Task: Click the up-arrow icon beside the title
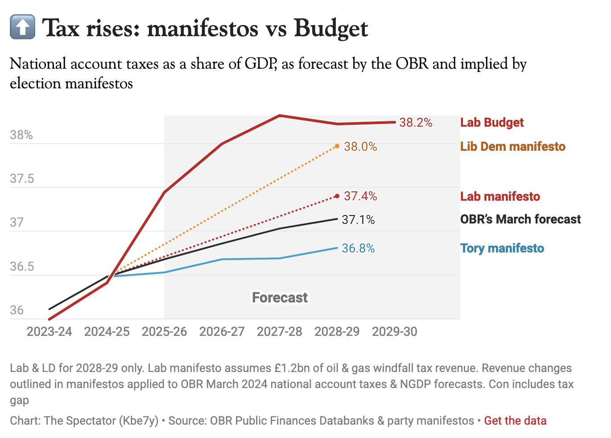(22, 27)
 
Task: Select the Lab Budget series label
(492, 123)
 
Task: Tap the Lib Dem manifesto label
(513, 147)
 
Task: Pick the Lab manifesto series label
(500, 197)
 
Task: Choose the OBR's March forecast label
(520, 219)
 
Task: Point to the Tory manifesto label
(502, 248)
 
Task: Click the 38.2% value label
(416, 123)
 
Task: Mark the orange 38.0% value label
(360, 147)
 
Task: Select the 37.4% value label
(360, 196)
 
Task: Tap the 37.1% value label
(358, 220)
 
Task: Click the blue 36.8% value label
(358, 248)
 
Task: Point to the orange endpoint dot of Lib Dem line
(337, 146)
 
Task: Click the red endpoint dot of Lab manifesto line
(337, 196)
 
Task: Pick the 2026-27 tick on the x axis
(222, 332)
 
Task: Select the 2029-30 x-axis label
(395, 332)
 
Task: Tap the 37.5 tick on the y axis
(22, 179)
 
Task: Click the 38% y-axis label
(21, 135)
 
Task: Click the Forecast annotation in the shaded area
(280, 298)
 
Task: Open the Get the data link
(515, 421)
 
